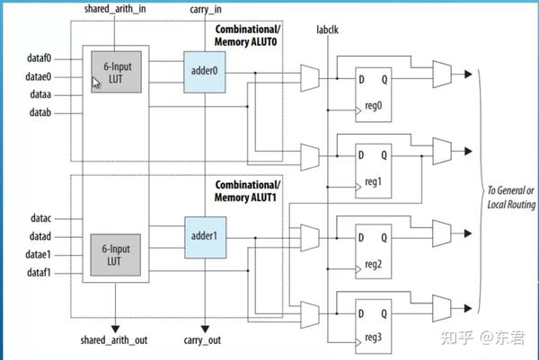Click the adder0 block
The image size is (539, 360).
tap(205, 72)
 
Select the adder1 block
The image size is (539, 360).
tap(205, 237)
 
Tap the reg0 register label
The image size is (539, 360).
tap(374, 106)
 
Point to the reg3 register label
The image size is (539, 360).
tap(374, 338)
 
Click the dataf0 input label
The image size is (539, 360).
tap(39, 58)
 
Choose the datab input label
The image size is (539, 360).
tap(40, 112)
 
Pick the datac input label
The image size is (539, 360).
tap(41, 218)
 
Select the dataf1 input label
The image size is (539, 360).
tap(39, 273)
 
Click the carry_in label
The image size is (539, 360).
tap(206, 9)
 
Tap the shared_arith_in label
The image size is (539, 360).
tap(115, 9)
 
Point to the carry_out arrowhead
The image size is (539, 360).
tap(205, 329)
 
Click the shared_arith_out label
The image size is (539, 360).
tap(114, 340)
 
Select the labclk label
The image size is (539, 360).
tap(327, 30)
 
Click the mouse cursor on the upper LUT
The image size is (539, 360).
tap(95, 83)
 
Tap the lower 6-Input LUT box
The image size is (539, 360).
tap(116, 255)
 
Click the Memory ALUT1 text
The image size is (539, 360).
tap(245, 198)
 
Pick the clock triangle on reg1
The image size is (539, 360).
tap(358, 187)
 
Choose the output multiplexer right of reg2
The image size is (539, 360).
tap(442, 233)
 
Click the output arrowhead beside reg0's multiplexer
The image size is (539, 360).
tap(468, 74)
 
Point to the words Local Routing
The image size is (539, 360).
tap(511, 205)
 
